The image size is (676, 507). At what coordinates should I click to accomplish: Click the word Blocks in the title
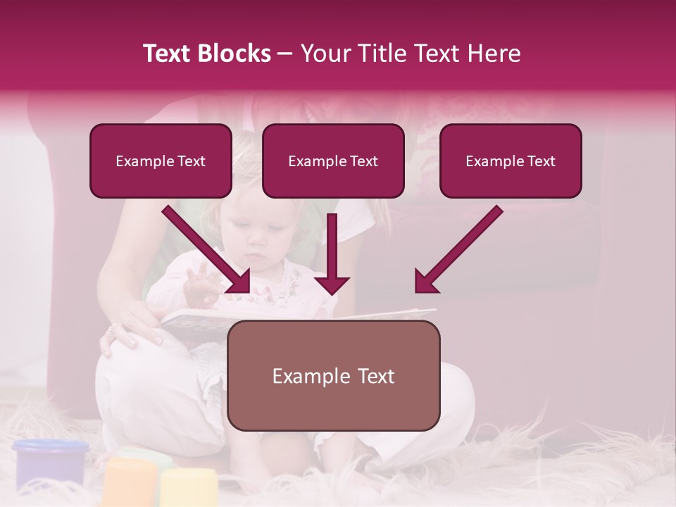(235, 54)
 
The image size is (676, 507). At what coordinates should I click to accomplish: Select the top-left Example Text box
(161, 161)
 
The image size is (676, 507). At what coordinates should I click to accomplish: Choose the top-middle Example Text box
(333, 161)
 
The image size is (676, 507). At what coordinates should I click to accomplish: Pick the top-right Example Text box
(511, 161)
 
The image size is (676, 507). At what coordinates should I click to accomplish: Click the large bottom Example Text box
(333, 376)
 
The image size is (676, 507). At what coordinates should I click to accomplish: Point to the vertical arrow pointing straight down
(332, 254)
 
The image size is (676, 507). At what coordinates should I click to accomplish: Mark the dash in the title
(285, 54)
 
